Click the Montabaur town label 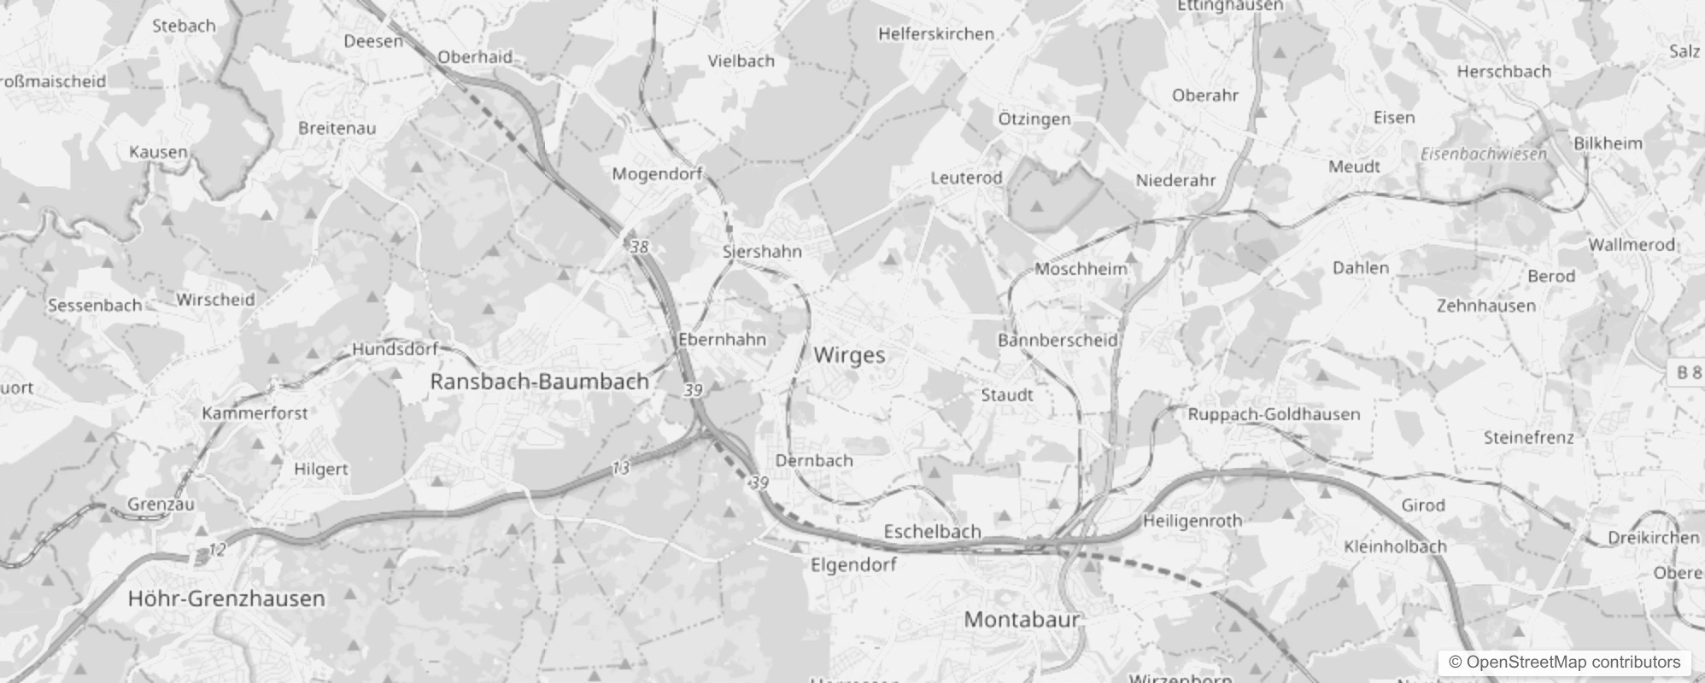[x=1022, y=619]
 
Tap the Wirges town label [x=849, y=355]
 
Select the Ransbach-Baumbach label [x=539, y=382]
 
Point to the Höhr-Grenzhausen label [x=226, y=598]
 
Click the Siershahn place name [x=762, y=251]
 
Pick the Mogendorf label [x=657, y=174]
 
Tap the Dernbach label [x=814, y=460]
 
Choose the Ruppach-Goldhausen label [x=1274, y=414]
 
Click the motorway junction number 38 [x=639, y=248]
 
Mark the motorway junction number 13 [x=620, y=468]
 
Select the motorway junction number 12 [x=217, y=550]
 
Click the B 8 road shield [x=1688, y=372]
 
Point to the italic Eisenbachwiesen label [x=1484, y=155]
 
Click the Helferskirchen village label [x=936, y=34]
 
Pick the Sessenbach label [x=95, y=305]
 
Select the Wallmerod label [x=1632, y=244]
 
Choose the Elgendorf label [x=853, y=564]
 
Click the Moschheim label [x=1081, y=269]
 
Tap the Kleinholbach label [x=1395, y=546]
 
